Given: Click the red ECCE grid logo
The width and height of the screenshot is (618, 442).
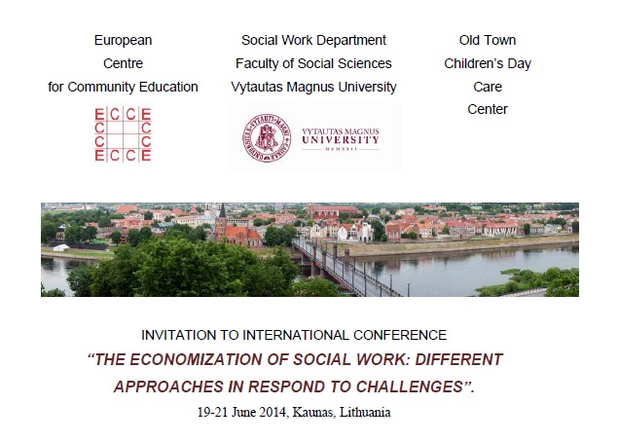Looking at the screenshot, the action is (123, 134).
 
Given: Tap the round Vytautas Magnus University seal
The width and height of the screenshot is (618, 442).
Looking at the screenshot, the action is (267, 137).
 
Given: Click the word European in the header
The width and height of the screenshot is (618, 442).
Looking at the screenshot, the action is (123, 40).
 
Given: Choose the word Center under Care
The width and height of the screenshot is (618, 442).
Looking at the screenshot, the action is (488, 109).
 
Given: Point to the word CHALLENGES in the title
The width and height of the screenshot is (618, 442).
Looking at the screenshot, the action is (409, 387).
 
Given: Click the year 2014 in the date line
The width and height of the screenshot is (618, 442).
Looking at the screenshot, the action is (273, 412).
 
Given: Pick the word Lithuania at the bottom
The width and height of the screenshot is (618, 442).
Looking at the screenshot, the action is (365, 412).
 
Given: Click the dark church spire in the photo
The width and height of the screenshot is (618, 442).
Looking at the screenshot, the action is (222, 211).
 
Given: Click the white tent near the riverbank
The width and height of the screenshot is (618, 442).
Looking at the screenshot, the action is (61, 247).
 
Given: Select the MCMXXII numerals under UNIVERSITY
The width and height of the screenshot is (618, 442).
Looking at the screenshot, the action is (341, 149).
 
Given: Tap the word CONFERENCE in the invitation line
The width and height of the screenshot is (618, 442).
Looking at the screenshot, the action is (400, 335).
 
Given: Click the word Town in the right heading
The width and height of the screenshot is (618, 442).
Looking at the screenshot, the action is (500, 40).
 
